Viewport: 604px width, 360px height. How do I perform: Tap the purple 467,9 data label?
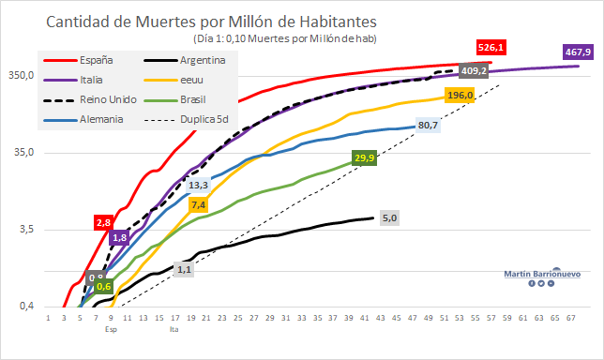pyautogui.click(x=575, y=52)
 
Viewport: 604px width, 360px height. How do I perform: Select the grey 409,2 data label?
pyautogui.click(x=473, y=70)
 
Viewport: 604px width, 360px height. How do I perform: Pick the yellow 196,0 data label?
pyautogui.click(x=460, y=95)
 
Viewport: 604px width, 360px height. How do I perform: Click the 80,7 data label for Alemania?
pyautogui.click(x=428, y=124)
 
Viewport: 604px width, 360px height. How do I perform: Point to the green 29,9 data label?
pyautogui.click(x=365, y=158)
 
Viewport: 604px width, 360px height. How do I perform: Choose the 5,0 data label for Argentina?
pyautogui.click(x=390, y=217)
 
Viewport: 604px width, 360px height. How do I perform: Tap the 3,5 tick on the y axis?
pyautogui.click(x=26, y=230)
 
